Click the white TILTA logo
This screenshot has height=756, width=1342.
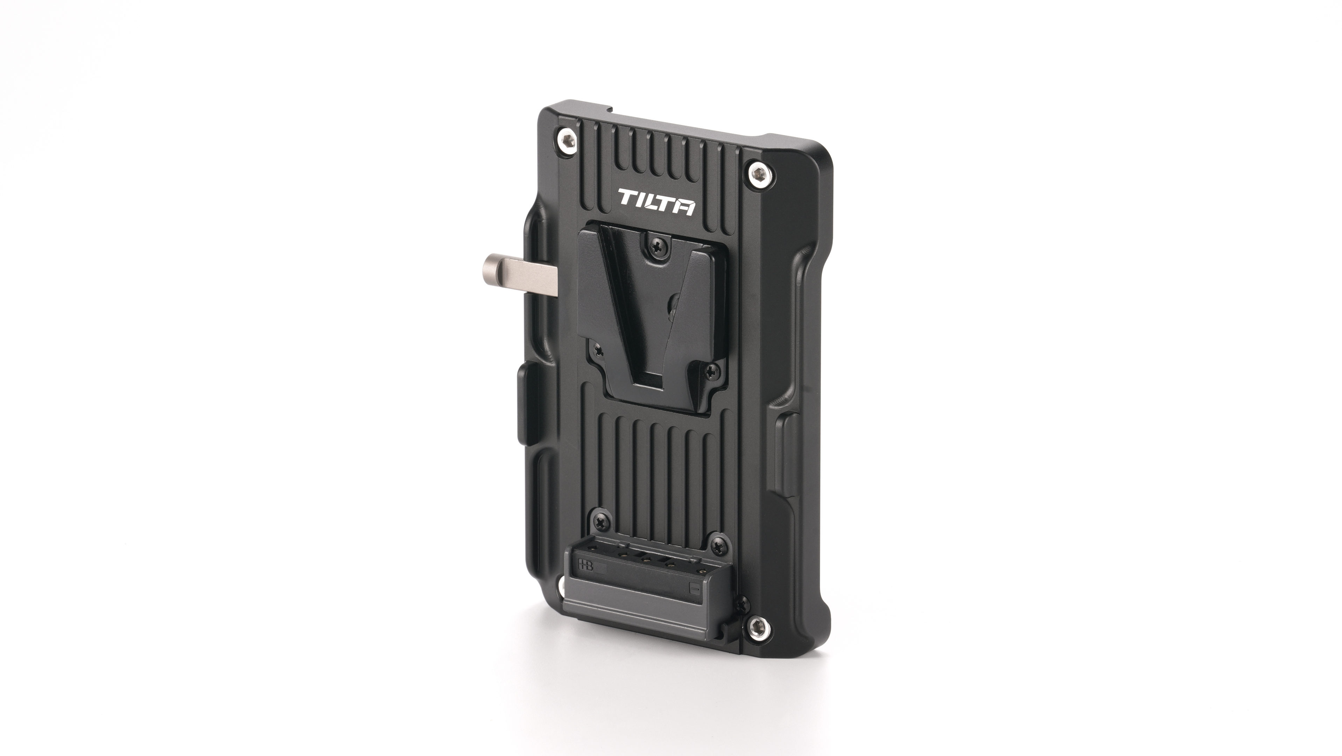tap(656, 203)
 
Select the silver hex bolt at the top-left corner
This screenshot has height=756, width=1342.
tap(567, 140)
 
